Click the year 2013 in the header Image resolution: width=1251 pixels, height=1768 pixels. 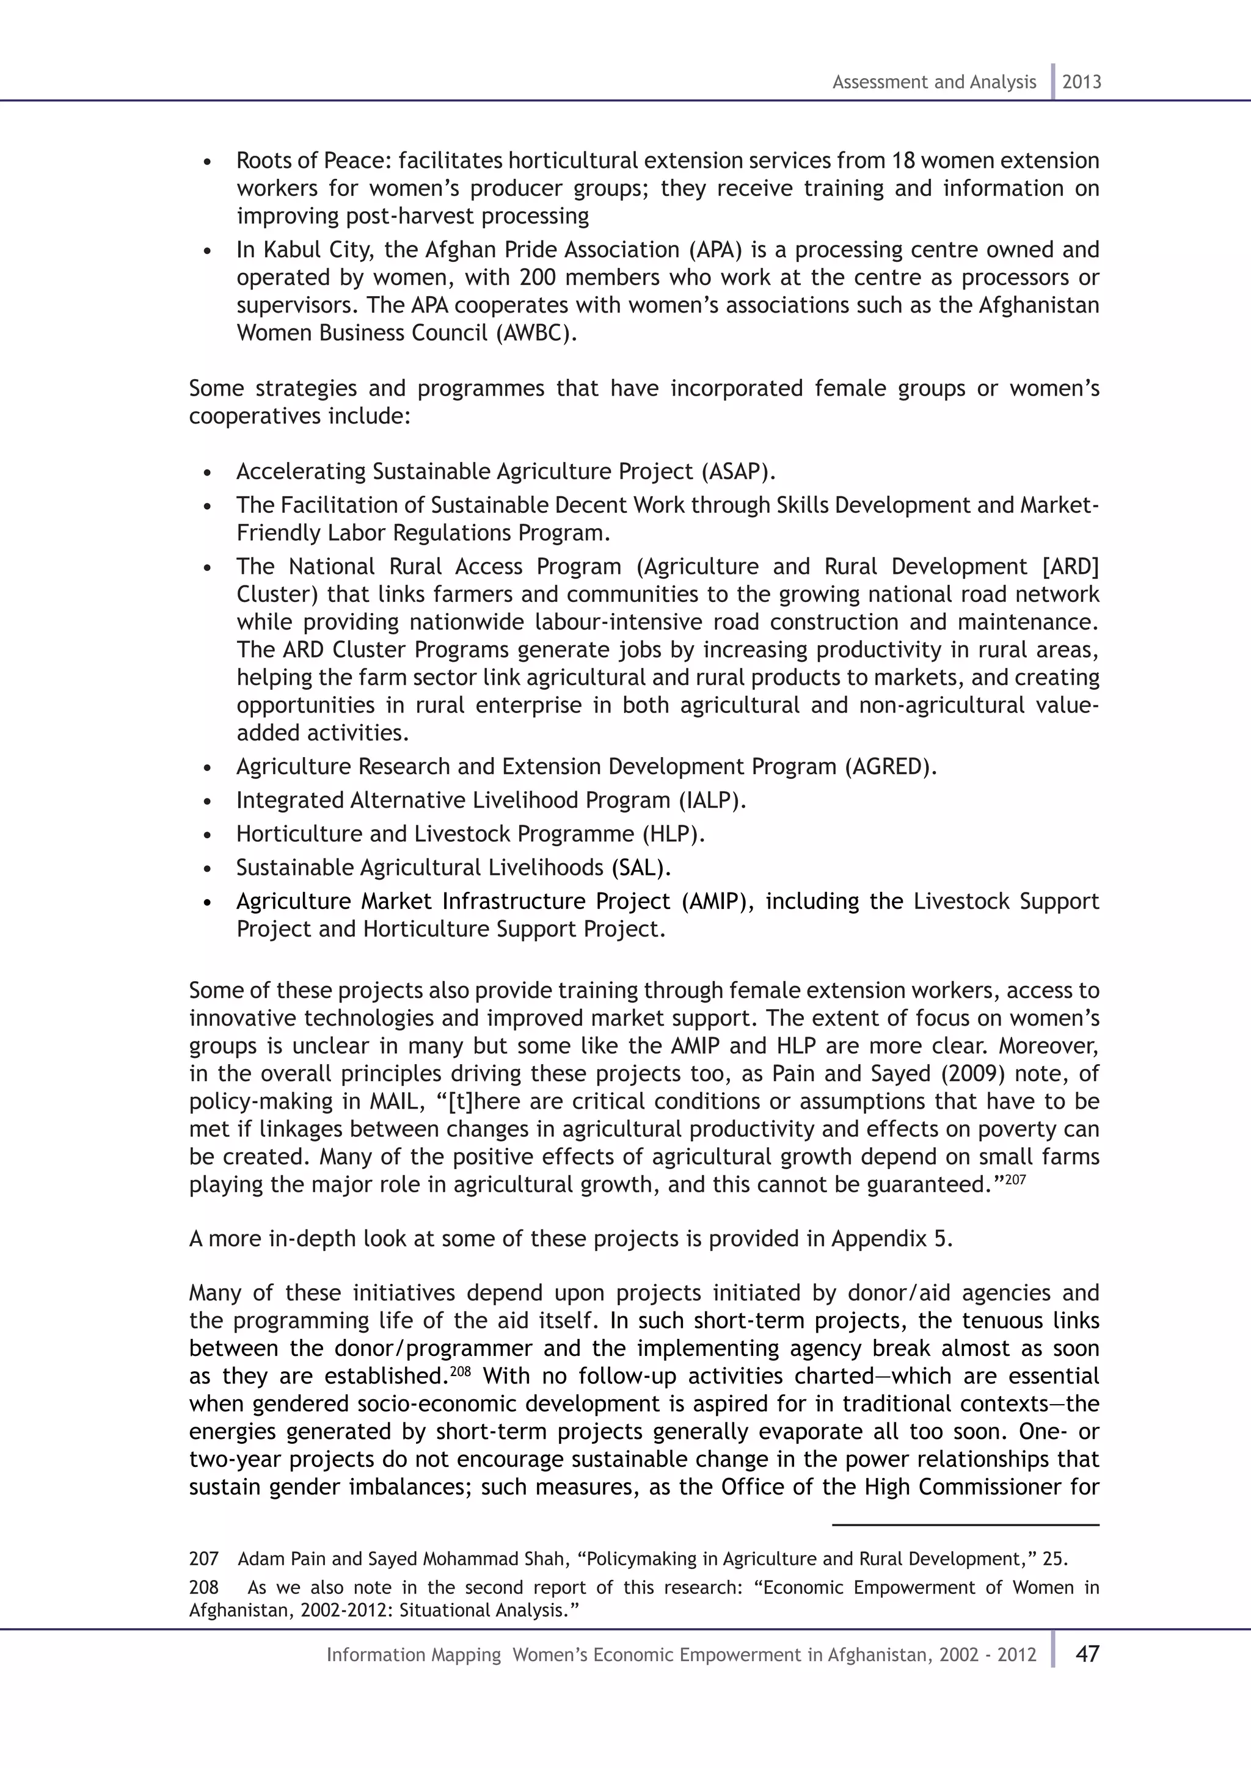[1082, 82]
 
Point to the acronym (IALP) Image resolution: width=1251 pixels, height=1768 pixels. [712, 801]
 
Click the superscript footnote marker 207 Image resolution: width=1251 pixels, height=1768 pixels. [1016, 1179]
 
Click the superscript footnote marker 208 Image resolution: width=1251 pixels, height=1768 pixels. [460, 1371]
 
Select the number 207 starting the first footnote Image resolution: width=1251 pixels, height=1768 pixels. [204, 1559]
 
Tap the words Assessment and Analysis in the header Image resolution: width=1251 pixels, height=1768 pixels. [933, 82]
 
